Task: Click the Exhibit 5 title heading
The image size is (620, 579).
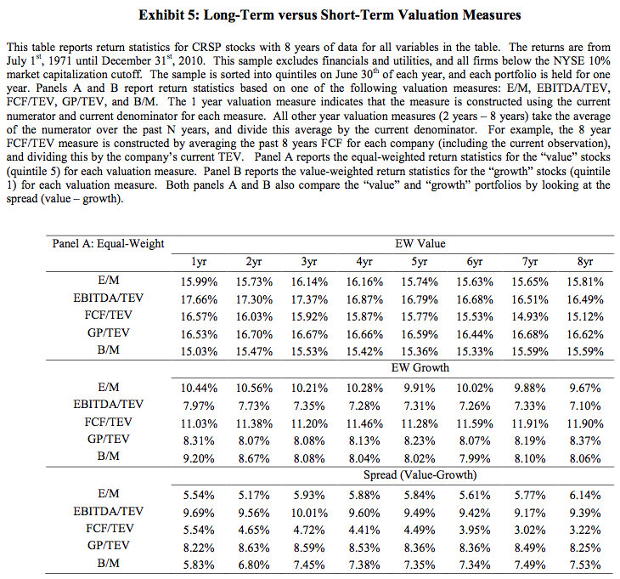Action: click(x=309, y=15)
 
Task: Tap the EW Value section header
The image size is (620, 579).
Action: click(x=420, y=245)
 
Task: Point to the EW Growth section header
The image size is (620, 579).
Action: click(x=420, y=368)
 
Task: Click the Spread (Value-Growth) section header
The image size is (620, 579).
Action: click(x=420, y=475)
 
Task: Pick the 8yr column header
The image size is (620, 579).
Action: click(x=585, y=262)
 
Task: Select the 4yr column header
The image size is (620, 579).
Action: click(x=364, y=262)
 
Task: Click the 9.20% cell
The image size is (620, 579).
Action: click(x=201, y=459)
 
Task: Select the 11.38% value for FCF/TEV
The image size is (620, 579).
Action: click(x=254, y=423)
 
